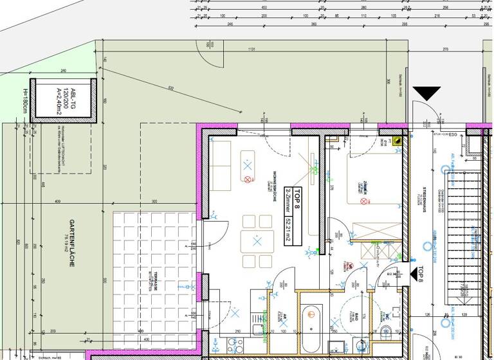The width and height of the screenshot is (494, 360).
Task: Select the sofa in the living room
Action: point(222,163)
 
